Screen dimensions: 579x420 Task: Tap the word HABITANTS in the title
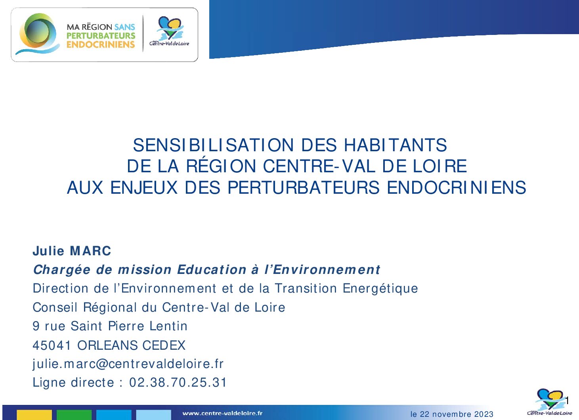(x=395, y=145)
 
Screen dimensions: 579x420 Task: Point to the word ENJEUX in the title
(x=144, y=187)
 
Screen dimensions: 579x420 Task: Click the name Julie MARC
(x=72, y=250)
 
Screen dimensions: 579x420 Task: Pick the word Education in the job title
(x=212, y=270)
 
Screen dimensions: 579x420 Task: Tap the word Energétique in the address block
(x=380, y=289)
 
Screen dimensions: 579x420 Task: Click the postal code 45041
(x=52, y=345)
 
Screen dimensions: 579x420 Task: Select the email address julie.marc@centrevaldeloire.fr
(x=128, y=364)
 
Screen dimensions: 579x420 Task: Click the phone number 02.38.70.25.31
(x=178, y=382)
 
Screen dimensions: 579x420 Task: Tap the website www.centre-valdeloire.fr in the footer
(x=223, y=413)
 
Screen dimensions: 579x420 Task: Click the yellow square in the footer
(x=34, y=415)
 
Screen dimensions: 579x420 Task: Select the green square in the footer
(x=74, y=415)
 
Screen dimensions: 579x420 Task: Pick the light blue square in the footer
(x=153, y=415)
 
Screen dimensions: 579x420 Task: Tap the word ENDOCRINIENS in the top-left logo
(x=101, y=44)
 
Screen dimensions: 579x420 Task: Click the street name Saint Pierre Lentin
(x=129, y=326)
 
